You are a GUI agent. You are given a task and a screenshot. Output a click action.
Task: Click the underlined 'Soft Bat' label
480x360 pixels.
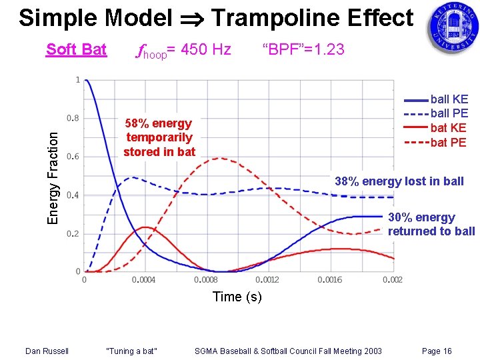coord(76,49)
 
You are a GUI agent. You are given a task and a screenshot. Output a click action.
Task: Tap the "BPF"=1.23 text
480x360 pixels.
coord(303,49)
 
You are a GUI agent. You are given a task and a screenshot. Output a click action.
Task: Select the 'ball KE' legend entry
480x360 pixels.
coord(449,99)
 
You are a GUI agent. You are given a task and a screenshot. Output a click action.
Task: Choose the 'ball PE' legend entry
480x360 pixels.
coord(449,113)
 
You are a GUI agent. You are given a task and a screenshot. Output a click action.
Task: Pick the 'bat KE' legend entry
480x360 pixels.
coord(448,128)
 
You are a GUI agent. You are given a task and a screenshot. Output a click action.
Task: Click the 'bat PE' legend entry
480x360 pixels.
coord(448,142)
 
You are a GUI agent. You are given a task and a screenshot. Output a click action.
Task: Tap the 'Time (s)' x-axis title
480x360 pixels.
coord(237,297)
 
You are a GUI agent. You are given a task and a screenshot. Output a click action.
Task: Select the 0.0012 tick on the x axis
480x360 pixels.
coord(267,280)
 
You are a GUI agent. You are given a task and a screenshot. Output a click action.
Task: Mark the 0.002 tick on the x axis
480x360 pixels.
coord(393,280)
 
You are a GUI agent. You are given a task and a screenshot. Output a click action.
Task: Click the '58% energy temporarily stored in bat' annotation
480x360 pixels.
coord(159,137)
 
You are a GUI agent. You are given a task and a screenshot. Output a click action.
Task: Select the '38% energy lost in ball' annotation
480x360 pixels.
coord(399,181)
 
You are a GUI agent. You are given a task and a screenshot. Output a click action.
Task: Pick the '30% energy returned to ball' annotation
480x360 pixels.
coord(431,225)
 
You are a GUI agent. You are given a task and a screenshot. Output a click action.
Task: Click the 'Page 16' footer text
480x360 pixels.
coord(437,351)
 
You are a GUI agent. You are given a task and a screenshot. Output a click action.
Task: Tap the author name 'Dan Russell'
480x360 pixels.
coord(47,351)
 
